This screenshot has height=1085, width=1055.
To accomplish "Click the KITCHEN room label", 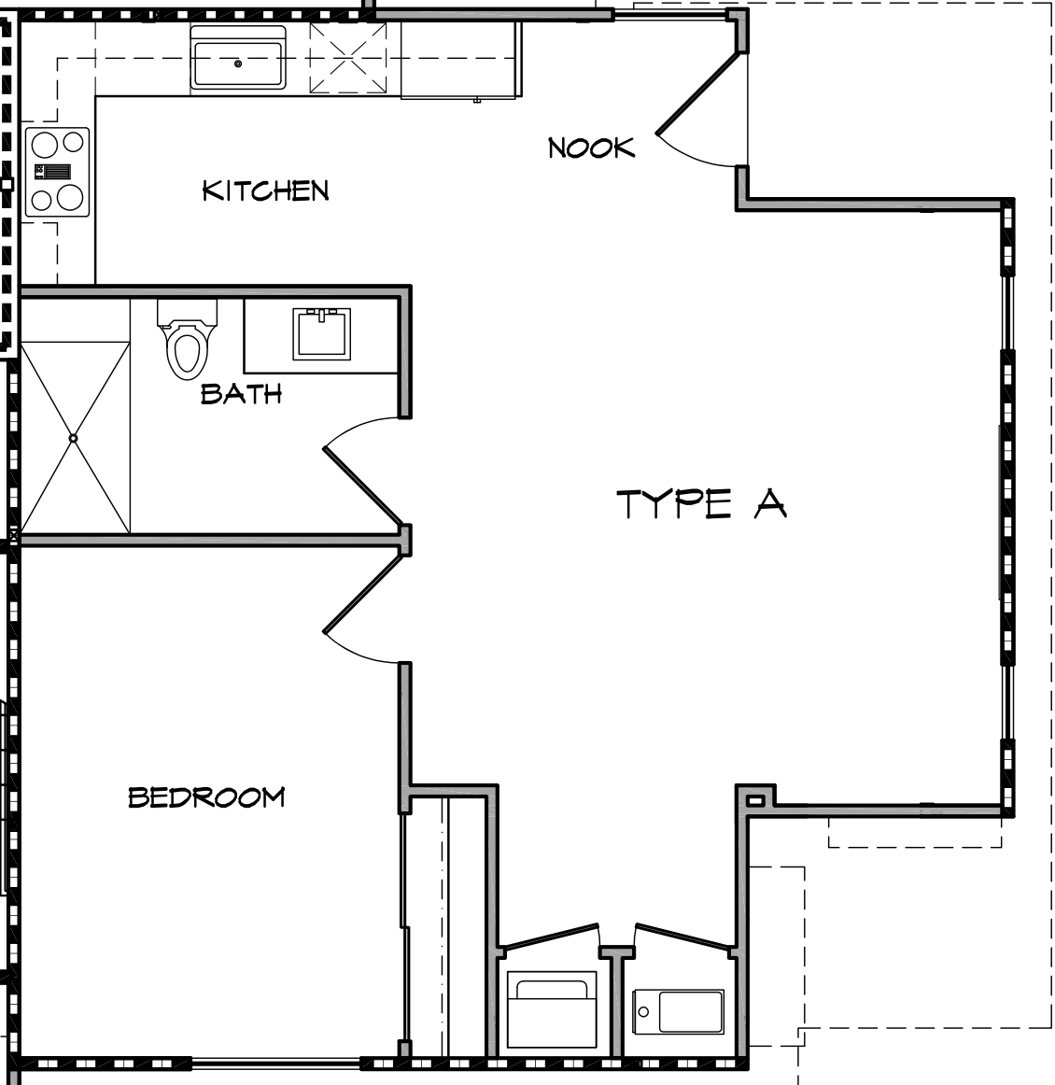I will [266, 191].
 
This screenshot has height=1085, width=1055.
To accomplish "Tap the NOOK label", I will [591, 148].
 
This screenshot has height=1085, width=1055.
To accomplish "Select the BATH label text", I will [241, 393].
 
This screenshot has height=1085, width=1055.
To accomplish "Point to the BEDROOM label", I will [206, 797].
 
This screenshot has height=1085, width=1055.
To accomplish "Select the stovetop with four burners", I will [57, 172].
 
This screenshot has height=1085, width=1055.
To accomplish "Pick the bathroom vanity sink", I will [322, 333].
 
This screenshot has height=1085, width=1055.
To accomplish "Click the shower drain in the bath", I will [73, 437].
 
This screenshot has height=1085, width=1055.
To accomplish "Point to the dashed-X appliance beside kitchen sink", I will [347, 58].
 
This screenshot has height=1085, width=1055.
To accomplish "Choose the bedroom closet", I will [446, 924].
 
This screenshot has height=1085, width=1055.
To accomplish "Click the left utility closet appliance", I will [551, 1011].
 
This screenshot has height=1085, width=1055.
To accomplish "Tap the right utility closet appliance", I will [679, 1011].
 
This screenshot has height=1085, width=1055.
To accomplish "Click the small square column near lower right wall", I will [754, 799].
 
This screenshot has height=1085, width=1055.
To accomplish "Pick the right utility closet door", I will [682, 937].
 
